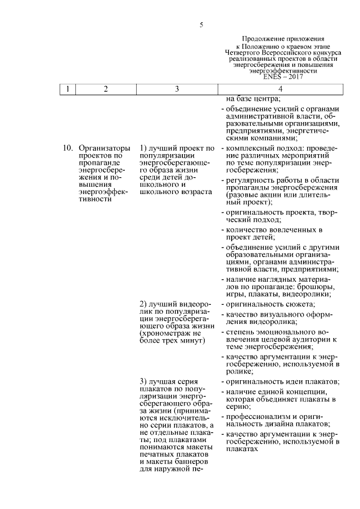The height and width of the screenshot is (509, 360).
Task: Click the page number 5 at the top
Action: pyautogui.click(x=201, y=25)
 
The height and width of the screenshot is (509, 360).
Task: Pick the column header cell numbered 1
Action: pyautogui.click(x=67, y=89)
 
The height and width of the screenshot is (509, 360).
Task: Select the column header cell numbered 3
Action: pyautogui.click(x=177, y=89)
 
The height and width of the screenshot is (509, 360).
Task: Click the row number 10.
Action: pyautogui.click(x=68, y=148)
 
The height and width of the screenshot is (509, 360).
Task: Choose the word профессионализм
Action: pyautogui.click(x=256, y=417)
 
